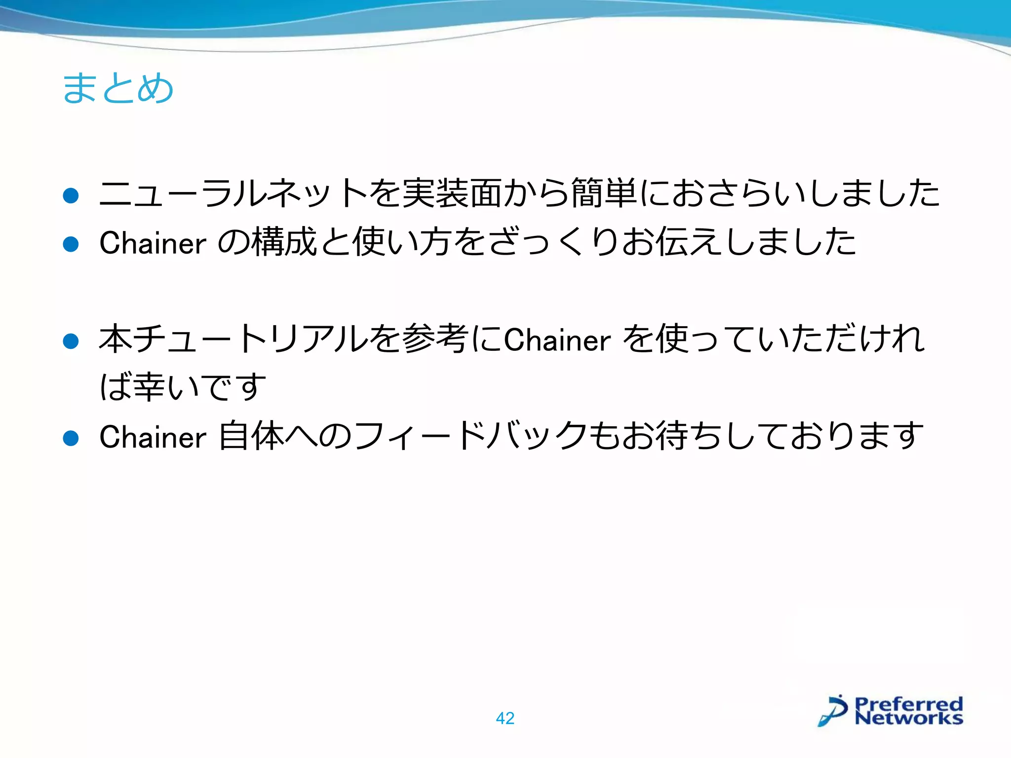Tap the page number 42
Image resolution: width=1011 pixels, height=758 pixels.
pos(505,718)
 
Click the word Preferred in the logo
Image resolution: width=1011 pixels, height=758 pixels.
pos(908,703)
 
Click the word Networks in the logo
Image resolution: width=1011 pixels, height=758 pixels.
pos(908,718)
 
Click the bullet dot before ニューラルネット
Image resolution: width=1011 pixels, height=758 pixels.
pos(71,195)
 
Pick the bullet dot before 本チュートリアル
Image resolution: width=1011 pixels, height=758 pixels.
pos(71,341)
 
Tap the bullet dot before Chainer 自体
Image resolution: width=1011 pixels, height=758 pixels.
pos(71,438)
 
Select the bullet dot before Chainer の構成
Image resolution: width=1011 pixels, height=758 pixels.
pos(71,244)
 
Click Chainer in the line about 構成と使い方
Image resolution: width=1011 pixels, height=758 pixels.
pos(153,243)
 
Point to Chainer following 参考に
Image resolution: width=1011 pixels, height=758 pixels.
pos(557,340)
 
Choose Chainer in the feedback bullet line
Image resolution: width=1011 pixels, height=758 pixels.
pos(153,437)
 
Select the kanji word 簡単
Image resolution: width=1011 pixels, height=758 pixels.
pos(603,194)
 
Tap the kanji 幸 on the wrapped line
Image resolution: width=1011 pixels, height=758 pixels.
pos(149,387)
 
